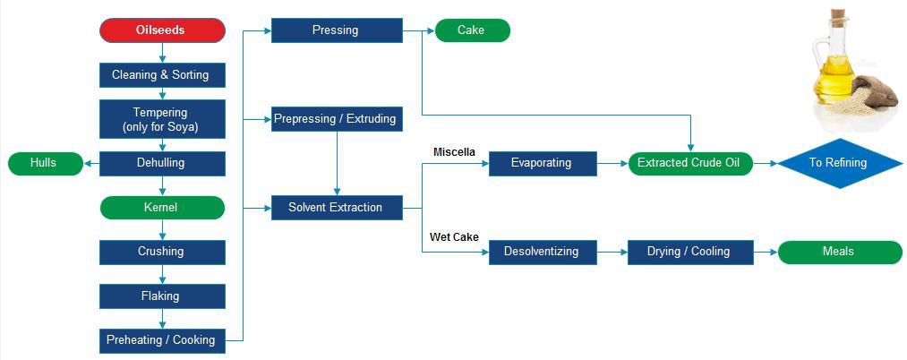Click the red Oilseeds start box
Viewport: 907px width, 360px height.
(x=162, y=30)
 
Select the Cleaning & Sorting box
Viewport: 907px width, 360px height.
(x=162, y=75)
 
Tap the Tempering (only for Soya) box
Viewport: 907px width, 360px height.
(x=162, y=119)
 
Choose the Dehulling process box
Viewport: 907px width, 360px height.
(x=162, y=163)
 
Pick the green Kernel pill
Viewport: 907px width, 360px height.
(x=162, y=208)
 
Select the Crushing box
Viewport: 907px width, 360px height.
(x=162, y=252)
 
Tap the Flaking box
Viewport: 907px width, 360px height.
(x=162, y=296)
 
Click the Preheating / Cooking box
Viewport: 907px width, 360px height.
(x=162, y=340)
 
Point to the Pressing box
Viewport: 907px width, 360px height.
(x=337, y=30)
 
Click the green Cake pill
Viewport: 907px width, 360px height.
(x=472, y=30)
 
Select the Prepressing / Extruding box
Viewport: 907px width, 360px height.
(x=337, y=119)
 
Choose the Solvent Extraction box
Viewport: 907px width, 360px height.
(x=337, y=208)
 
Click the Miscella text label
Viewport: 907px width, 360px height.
(x=454, y=152)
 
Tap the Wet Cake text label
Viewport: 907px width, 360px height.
(x=454, y=237)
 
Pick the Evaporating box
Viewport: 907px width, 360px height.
(x=543, y=163)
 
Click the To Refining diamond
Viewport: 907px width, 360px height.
(x=837, y=163)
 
